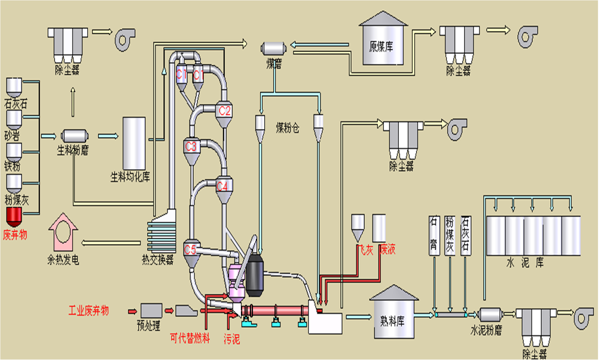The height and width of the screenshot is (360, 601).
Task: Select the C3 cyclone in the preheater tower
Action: click(191, 146)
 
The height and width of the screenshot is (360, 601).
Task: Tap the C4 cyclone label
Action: click(222, 186)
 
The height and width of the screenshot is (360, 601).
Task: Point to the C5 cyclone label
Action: click(190, 249)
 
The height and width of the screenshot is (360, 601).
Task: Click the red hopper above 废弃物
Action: click(14, 215)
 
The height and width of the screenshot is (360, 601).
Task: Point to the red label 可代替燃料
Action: click(190, 339)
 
